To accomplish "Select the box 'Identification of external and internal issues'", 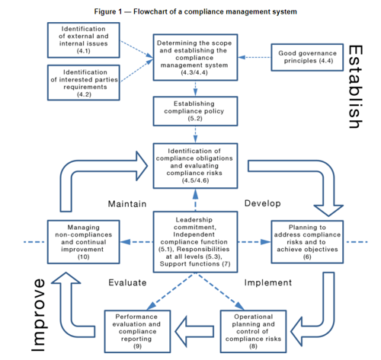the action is click(x=84, y=40).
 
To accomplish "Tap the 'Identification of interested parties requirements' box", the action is click(x=84, y=83).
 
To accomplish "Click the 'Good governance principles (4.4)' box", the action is click(x=307, y=57).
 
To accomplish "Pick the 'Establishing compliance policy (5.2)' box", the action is click(x=195, y=111).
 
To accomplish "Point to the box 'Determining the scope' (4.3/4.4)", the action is click(x=195, y=58).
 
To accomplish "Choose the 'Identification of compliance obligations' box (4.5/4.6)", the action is click(x=195, y=166).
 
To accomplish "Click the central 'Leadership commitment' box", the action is click(x=195, y=242).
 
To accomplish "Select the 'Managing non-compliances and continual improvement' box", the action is click(x=84, y=242).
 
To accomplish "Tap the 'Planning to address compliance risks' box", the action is click(x=307, y=242).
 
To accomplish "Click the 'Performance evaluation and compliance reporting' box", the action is click(x=137, y=331).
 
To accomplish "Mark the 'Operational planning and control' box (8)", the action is click(x=253, y=331).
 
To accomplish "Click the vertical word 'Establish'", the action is click(x=355, y=87).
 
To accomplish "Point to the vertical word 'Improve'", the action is click(x=38, y=315).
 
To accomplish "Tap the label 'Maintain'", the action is click(x=127, y=204).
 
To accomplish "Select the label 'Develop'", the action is click(x=263, y=203).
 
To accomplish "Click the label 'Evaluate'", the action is click(x=127, y=282).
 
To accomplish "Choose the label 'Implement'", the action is click(x=268, y=282).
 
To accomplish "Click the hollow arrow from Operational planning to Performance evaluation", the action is click(x=194, y=331).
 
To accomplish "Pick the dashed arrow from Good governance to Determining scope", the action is click(x=255, y=57).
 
